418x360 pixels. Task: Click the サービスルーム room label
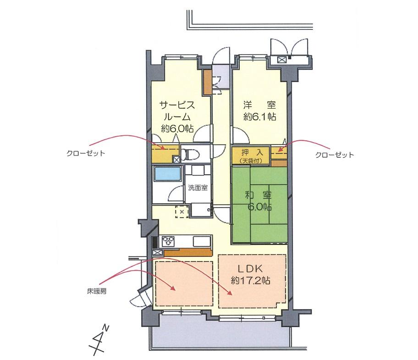pyautogui.click(x=176, y=111)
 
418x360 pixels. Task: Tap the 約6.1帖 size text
pyautogui.click(x=259, y=116)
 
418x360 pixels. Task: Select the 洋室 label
pyautogui.click(x=259, y=105)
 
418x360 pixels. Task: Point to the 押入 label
pyautogui.click(x=251, y=151)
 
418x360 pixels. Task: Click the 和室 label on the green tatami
pyautogui.click(x=259, y=194)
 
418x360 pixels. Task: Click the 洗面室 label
pyautogui.click(x=197, y=188)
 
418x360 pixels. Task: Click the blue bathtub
pyautogui.click(x=167, y=175)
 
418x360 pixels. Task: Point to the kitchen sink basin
pyautogui.click(x=201, y=241)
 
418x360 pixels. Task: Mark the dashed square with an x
pyautogui.click(x=181, y=212)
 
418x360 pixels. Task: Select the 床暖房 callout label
pyautogui.click(x=97, y=291)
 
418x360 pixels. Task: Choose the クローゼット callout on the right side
pyautogui.click(x=335, y=155)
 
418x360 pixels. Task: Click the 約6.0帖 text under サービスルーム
pyautogui.click(x=176, y=128)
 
